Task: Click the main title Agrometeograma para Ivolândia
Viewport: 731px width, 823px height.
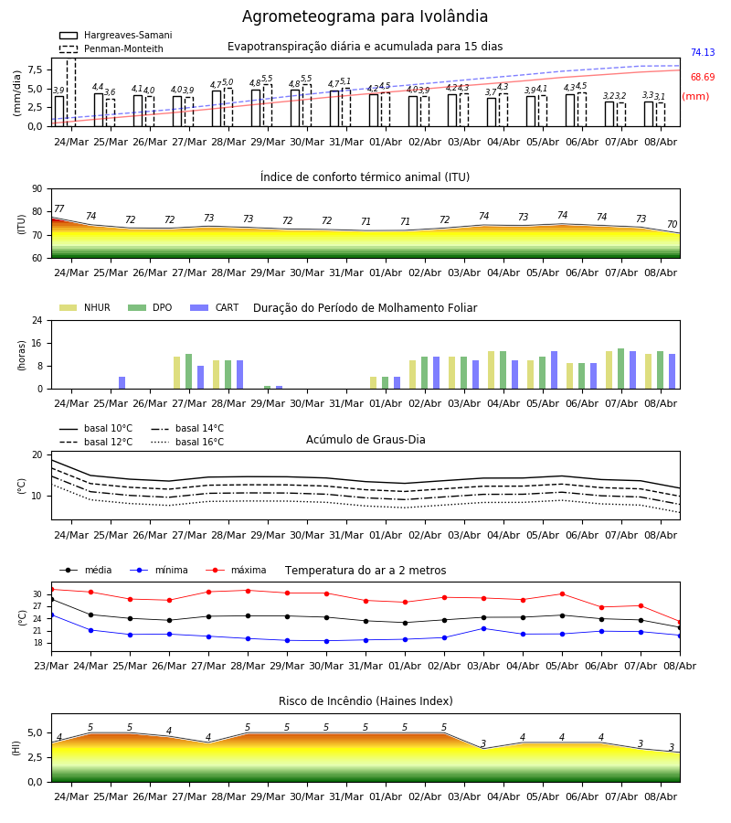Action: (x=365, y=16)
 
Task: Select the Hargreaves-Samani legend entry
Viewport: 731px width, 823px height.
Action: (x=115, y=35)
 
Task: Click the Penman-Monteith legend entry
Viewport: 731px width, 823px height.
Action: (x=111, y=48)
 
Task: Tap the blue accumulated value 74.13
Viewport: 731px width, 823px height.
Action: (x=703, y=52)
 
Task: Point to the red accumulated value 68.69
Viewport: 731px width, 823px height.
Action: (x=703, y=77)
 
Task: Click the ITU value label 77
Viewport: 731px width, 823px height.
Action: (x=59, y=208)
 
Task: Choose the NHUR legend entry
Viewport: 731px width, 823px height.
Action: (x=85, y=307)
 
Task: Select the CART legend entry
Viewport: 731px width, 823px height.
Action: (x=215, y=307)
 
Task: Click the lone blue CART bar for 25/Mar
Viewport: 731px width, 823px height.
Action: (x=122, y=383)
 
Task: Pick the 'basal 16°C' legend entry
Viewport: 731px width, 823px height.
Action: (x=187, y=442)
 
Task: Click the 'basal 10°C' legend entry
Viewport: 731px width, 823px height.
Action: (x=96, y=428)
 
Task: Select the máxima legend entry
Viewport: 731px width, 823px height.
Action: (x=236, y=570)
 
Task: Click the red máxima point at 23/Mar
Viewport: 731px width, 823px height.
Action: (x=51, y=590)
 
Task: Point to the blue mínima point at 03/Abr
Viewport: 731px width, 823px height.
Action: (x=483, y=628)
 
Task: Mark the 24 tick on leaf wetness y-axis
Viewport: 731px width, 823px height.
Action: (x=37, y=320)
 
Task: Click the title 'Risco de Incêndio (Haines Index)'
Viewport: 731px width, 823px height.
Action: (x=365, y=701)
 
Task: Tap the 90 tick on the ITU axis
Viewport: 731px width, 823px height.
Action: (x=37, y=189)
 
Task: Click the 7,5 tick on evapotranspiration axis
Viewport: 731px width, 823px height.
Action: (x=36, y=69)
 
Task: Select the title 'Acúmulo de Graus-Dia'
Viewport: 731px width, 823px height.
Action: (x=365, y=439)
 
